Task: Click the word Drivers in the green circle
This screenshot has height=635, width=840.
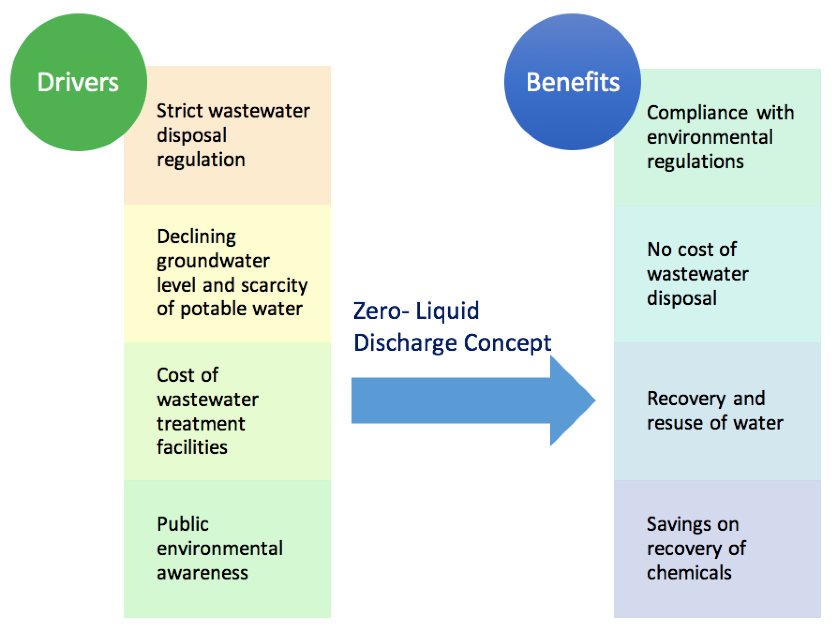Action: (x=78, y=82)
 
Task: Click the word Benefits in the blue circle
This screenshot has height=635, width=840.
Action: (x=572, y=82)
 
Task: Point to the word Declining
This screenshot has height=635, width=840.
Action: (x=196, y=237)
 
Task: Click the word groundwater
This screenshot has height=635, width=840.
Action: (x=213, y=261)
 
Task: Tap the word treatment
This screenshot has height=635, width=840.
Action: (x=201, y=424)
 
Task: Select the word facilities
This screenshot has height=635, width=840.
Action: (x=192, y=448)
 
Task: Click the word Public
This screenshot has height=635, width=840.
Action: (x=183, y=524)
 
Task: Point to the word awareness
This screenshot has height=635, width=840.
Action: (x=202, y=573)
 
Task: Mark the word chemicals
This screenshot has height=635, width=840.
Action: (x=689, y=573)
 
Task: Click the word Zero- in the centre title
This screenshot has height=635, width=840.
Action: (x=381, y=311)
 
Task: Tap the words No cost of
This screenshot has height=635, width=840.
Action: (x=692, y=250)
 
